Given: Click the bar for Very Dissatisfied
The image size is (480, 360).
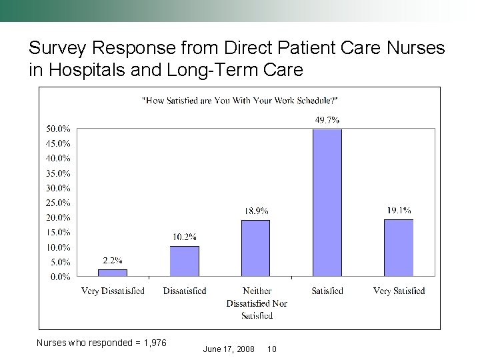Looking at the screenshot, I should click(x=113, y=273).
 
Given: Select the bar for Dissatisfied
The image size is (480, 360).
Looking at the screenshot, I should click(x=184, y=261).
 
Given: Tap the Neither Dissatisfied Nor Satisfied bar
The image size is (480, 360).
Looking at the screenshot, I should click(x=255, y=248).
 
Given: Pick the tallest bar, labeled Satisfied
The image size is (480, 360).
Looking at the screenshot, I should click(x=327, y=203).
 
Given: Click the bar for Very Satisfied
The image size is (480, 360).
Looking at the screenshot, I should click(x=398, y=247).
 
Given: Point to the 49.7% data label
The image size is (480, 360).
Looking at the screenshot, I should click(x=327, y=121).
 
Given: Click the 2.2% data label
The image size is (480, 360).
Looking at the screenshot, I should click(x=113, y=261).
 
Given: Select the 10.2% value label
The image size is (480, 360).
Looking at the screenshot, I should click(x=184, y=237).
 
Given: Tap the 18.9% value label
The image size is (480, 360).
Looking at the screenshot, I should click(x=256, y=211).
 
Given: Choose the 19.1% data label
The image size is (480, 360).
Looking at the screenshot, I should click(x=399, y=210).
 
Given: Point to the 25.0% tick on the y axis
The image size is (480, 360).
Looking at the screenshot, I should click(x=58, y=203).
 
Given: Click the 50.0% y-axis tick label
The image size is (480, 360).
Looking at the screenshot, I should click(x=58, y=129).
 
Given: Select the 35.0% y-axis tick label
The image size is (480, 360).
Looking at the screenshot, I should click(x=58, y=173).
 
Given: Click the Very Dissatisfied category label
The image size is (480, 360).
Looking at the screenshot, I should click(x=113, y=291).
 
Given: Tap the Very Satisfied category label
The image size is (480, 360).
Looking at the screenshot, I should click(x=399, y=291).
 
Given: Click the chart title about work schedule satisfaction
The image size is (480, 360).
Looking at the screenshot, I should click(x=241, y=101).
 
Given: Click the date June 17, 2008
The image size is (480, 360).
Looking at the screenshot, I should click(x=229, y=349).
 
